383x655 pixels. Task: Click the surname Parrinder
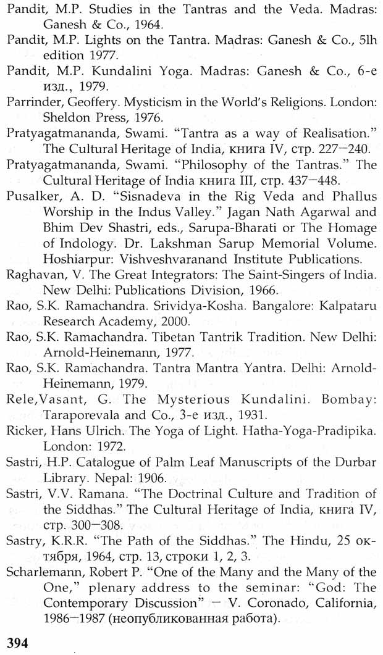coord(32,101)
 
